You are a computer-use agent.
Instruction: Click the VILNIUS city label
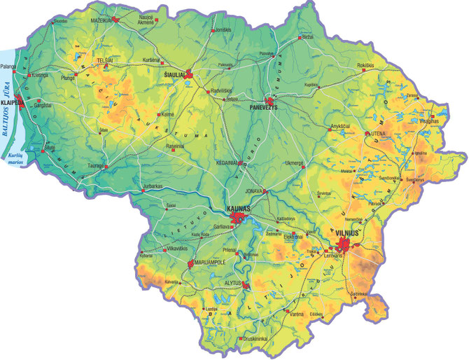(x=347, y=233)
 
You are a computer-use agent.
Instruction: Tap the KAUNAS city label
(x=241, y=209)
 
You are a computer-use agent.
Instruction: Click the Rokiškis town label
(x=367, y=66)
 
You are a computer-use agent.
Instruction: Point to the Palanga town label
(x=8, y=69)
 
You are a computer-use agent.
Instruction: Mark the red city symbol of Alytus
(x=245, y=285)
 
